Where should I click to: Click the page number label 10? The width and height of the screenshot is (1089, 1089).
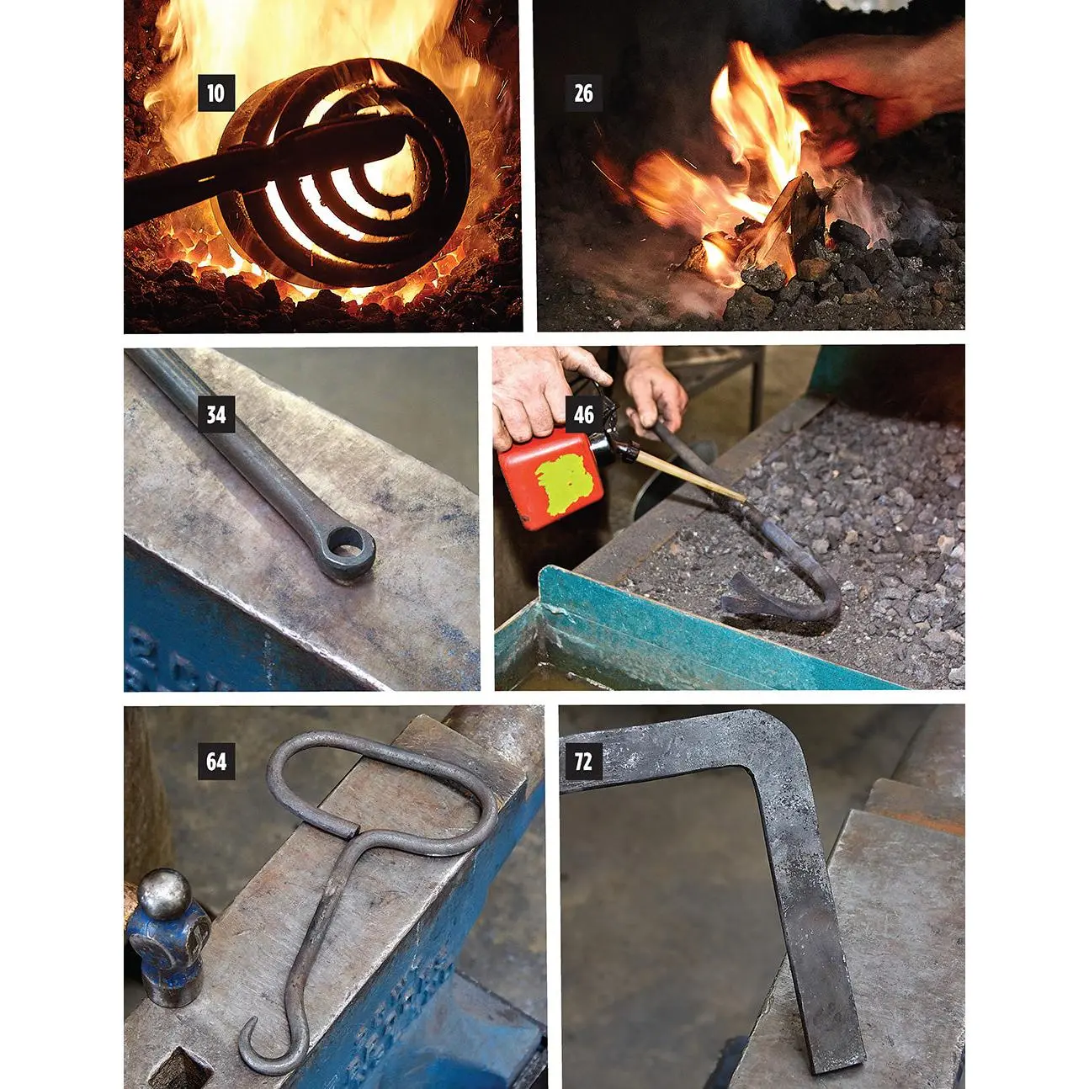(216, 93)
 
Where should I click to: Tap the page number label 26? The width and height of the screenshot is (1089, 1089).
(583, 93)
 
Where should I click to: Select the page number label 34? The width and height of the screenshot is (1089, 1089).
(216, 415)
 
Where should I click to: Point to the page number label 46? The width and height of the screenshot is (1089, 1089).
(584, 415)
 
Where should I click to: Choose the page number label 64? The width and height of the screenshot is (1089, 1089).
(216, 762)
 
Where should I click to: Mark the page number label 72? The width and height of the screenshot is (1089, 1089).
(583, 762)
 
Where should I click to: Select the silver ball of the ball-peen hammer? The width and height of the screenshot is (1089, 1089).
(164, 894)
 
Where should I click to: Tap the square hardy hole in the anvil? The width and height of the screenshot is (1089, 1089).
(181, 1060)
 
